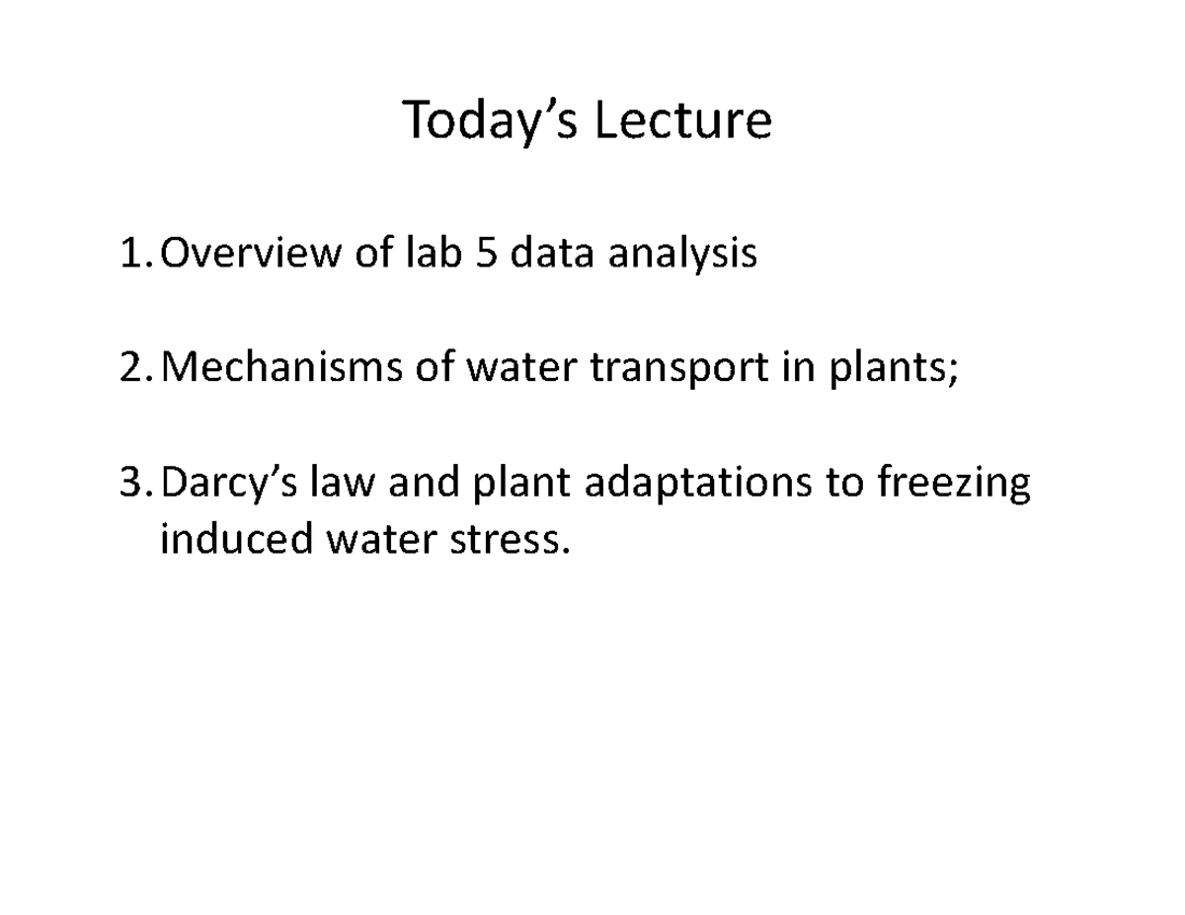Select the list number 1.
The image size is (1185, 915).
point(133,255)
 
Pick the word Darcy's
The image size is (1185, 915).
point(229,486)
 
